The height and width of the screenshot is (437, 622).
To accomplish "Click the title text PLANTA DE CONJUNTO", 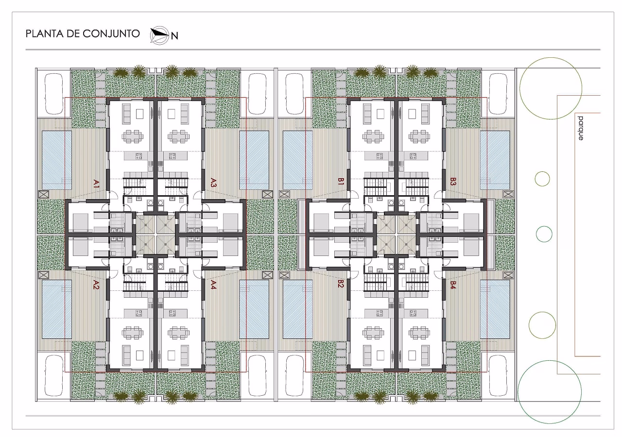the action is coord(83,34).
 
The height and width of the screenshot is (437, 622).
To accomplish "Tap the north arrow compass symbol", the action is coord(159,35).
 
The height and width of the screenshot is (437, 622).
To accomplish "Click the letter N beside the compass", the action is coord(174,36).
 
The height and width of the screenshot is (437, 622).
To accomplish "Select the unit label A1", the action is coord(96,184).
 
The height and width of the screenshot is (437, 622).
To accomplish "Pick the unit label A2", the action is coord(96,285).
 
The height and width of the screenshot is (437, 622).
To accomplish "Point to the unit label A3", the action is coord(213,183).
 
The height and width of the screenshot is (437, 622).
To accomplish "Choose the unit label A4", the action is coord(213,285).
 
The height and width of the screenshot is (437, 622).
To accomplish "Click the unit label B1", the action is coord(341,182).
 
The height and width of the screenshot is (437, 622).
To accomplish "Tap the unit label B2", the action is coord(341,284).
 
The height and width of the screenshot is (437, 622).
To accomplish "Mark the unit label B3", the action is coord(453,182).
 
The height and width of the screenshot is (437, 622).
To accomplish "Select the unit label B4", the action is coord(453,285).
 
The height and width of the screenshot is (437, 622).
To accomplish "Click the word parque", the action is coord(581,128).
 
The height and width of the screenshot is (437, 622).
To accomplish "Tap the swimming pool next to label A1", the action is coord(57,160).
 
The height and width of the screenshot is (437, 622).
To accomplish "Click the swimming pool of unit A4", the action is coord(254,309).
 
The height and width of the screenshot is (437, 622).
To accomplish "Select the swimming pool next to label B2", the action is coord(297,309).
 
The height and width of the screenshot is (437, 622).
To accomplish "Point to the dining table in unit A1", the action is coord(133,136).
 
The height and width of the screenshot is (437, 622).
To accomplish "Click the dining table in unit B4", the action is coord(419,333).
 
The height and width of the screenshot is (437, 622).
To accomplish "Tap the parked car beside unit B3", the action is coord(498,94).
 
